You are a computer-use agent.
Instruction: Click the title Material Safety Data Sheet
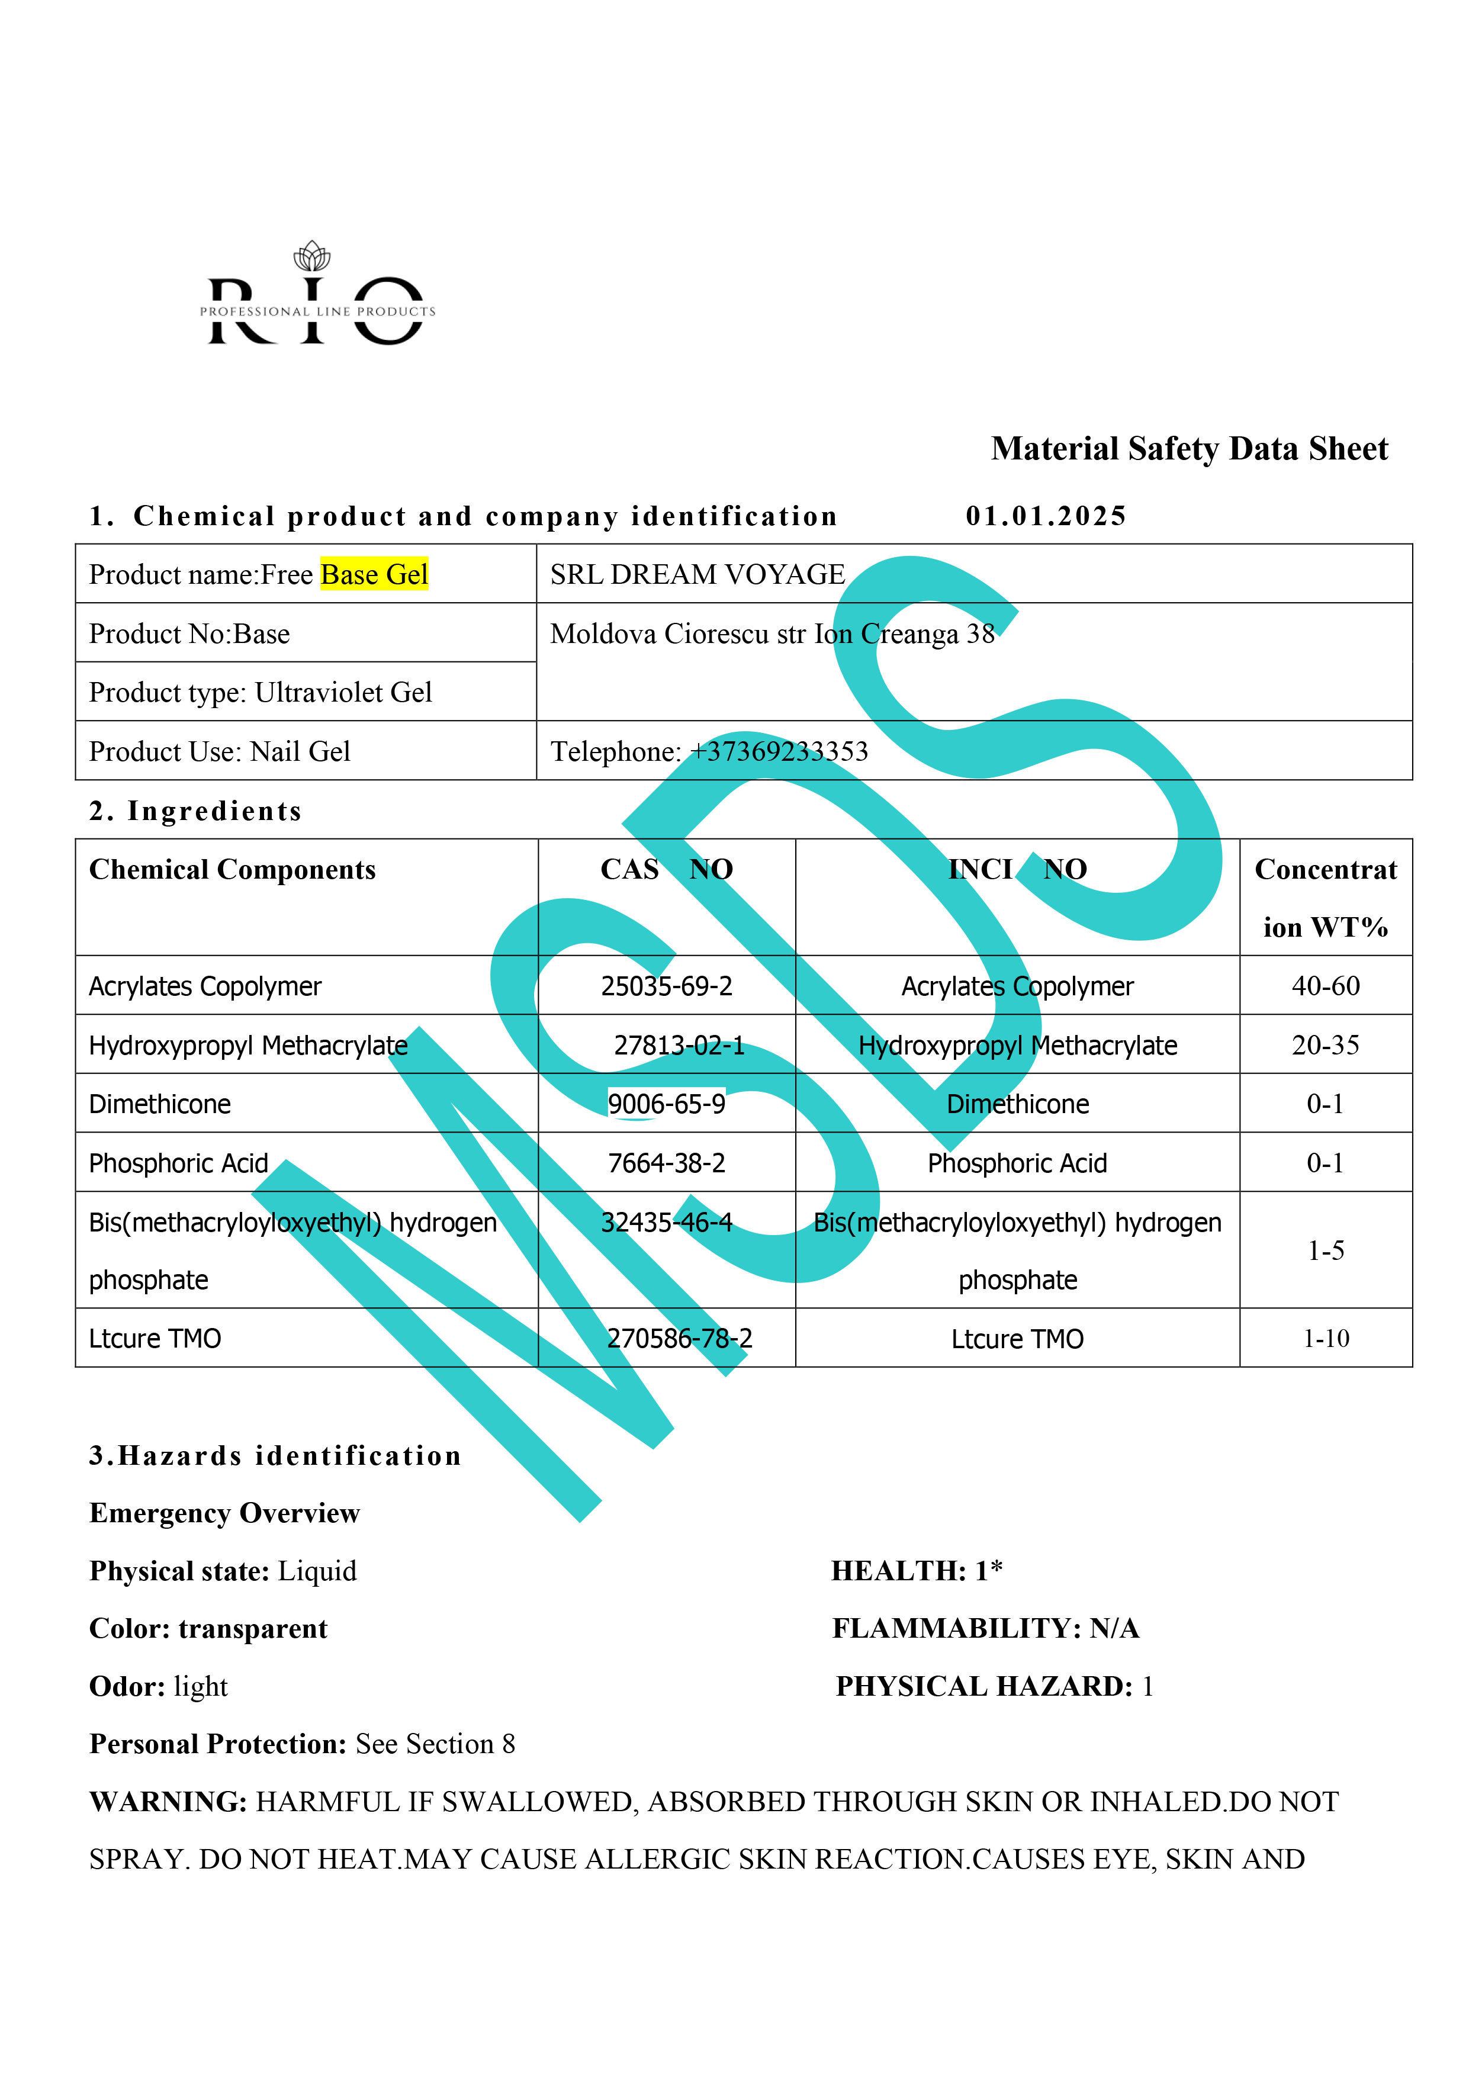1188,449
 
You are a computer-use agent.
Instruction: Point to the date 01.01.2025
1046,516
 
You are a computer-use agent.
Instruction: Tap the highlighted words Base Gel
374,574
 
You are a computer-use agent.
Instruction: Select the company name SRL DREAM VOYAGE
697,574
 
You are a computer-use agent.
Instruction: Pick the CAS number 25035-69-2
667,986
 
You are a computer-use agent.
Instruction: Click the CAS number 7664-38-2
667,1163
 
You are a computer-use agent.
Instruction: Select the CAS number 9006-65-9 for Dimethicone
667,1104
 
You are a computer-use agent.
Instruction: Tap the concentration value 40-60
1325,986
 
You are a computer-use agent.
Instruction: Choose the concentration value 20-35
1325,1045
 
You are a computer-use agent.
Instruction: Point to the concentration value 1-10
1325,1338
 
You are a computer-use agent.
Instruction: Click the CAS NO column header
667,869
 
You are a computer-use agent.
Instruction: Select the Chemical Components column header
233,869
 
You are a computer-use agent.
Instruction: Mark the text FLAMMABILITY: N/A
985,1628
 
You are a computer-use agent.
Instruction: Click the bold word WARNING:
168,1801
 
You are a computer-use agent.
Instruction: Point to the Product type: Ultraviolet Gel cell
261,692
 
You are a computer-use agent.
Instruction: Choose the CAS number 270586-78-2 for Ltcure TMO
679,1338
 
